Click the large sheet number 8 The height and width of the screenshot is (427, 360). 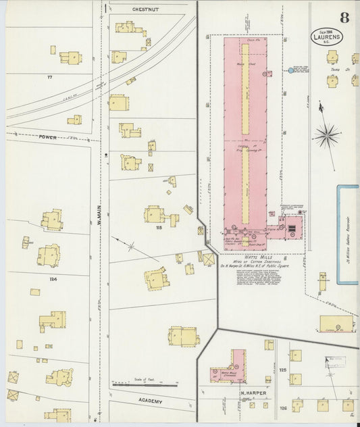coord(344,18)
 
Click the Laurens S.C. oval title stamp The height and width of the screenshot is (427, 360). coord(328,37)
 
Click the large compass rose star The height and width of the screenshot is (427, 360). coord(328,136)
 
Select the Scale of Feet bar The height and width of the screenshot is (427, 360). coord(143,383)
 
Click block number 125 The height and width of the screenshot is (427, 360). coord(284,371)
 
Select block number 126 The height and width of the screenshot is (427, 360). coord(284,407)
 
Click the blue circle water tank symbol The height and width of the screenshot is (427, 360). coord(291,70)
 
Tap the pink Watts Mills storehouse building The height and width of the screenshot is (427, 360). coord(228,368)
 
